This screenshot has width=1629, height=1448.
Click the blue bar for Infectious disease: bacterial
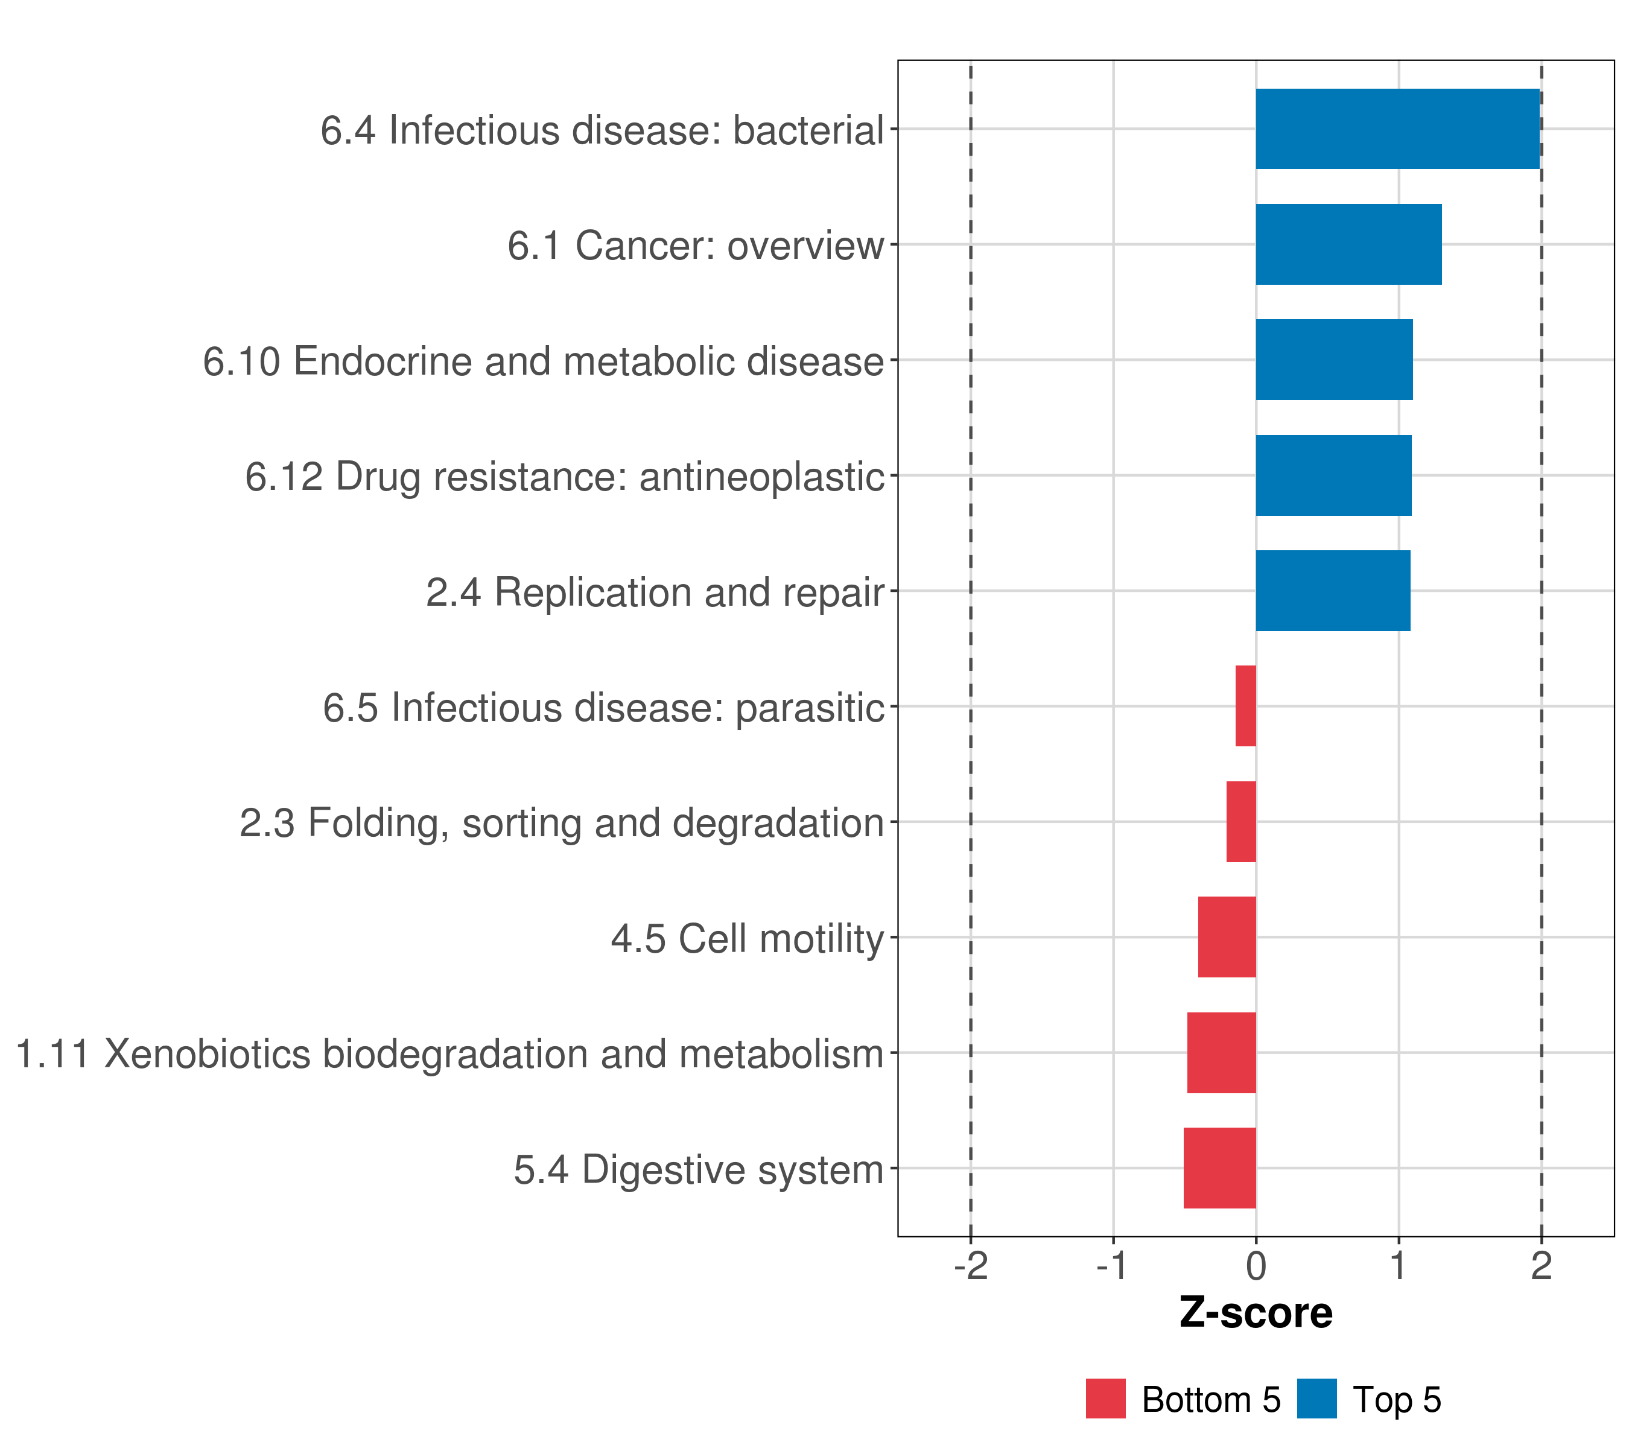tap(1397, 129)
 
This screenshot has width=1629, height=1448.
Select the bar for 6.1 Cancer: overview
tap(1348, 245)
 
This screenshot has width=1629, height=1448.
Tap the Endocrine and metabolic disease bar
tap(1334, 360)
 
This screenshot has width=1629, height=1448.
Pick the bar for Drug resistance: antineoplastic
tap(1333, 476)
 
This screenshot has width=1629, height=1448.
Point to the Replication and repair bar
tap(1333, 591)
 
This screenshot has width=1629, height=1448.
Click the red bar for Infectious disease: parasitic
tap(1246, 706)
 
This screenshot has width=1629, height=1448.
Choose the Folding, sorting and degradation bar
tap(1241, 822)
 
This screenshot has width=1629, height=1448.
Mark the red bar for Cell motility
tap(1227, 937)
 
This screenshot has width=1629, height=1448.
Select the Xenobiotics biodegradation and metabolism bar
tap(1221, 1053)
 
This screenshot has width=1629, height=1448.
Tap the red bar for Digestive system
tap(1219, 1168)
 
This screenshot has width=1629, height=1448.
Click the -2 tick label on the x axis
tap(971, 1266)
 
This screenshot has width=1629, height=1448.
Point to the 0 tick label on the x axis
tap(1256, 1266)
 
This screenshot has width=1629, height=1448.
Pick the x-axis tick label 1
tap(1398, 1266)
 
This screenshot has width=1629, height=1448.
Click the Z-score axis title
tap(1256, 1314)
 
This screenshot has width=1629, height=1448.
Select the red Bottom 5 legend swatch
tap(1105, 1399)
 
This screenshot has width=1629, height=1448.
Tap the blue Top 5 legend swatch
tap(1316, 1399)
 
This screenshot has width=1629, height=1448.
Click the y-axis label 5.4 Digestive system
tap(699, 1170)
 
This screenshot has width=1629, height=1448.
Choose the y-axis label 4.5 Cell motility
tap(748, 939)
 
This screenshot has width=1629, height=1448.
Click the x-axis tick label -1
tap(1113, 1266)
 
